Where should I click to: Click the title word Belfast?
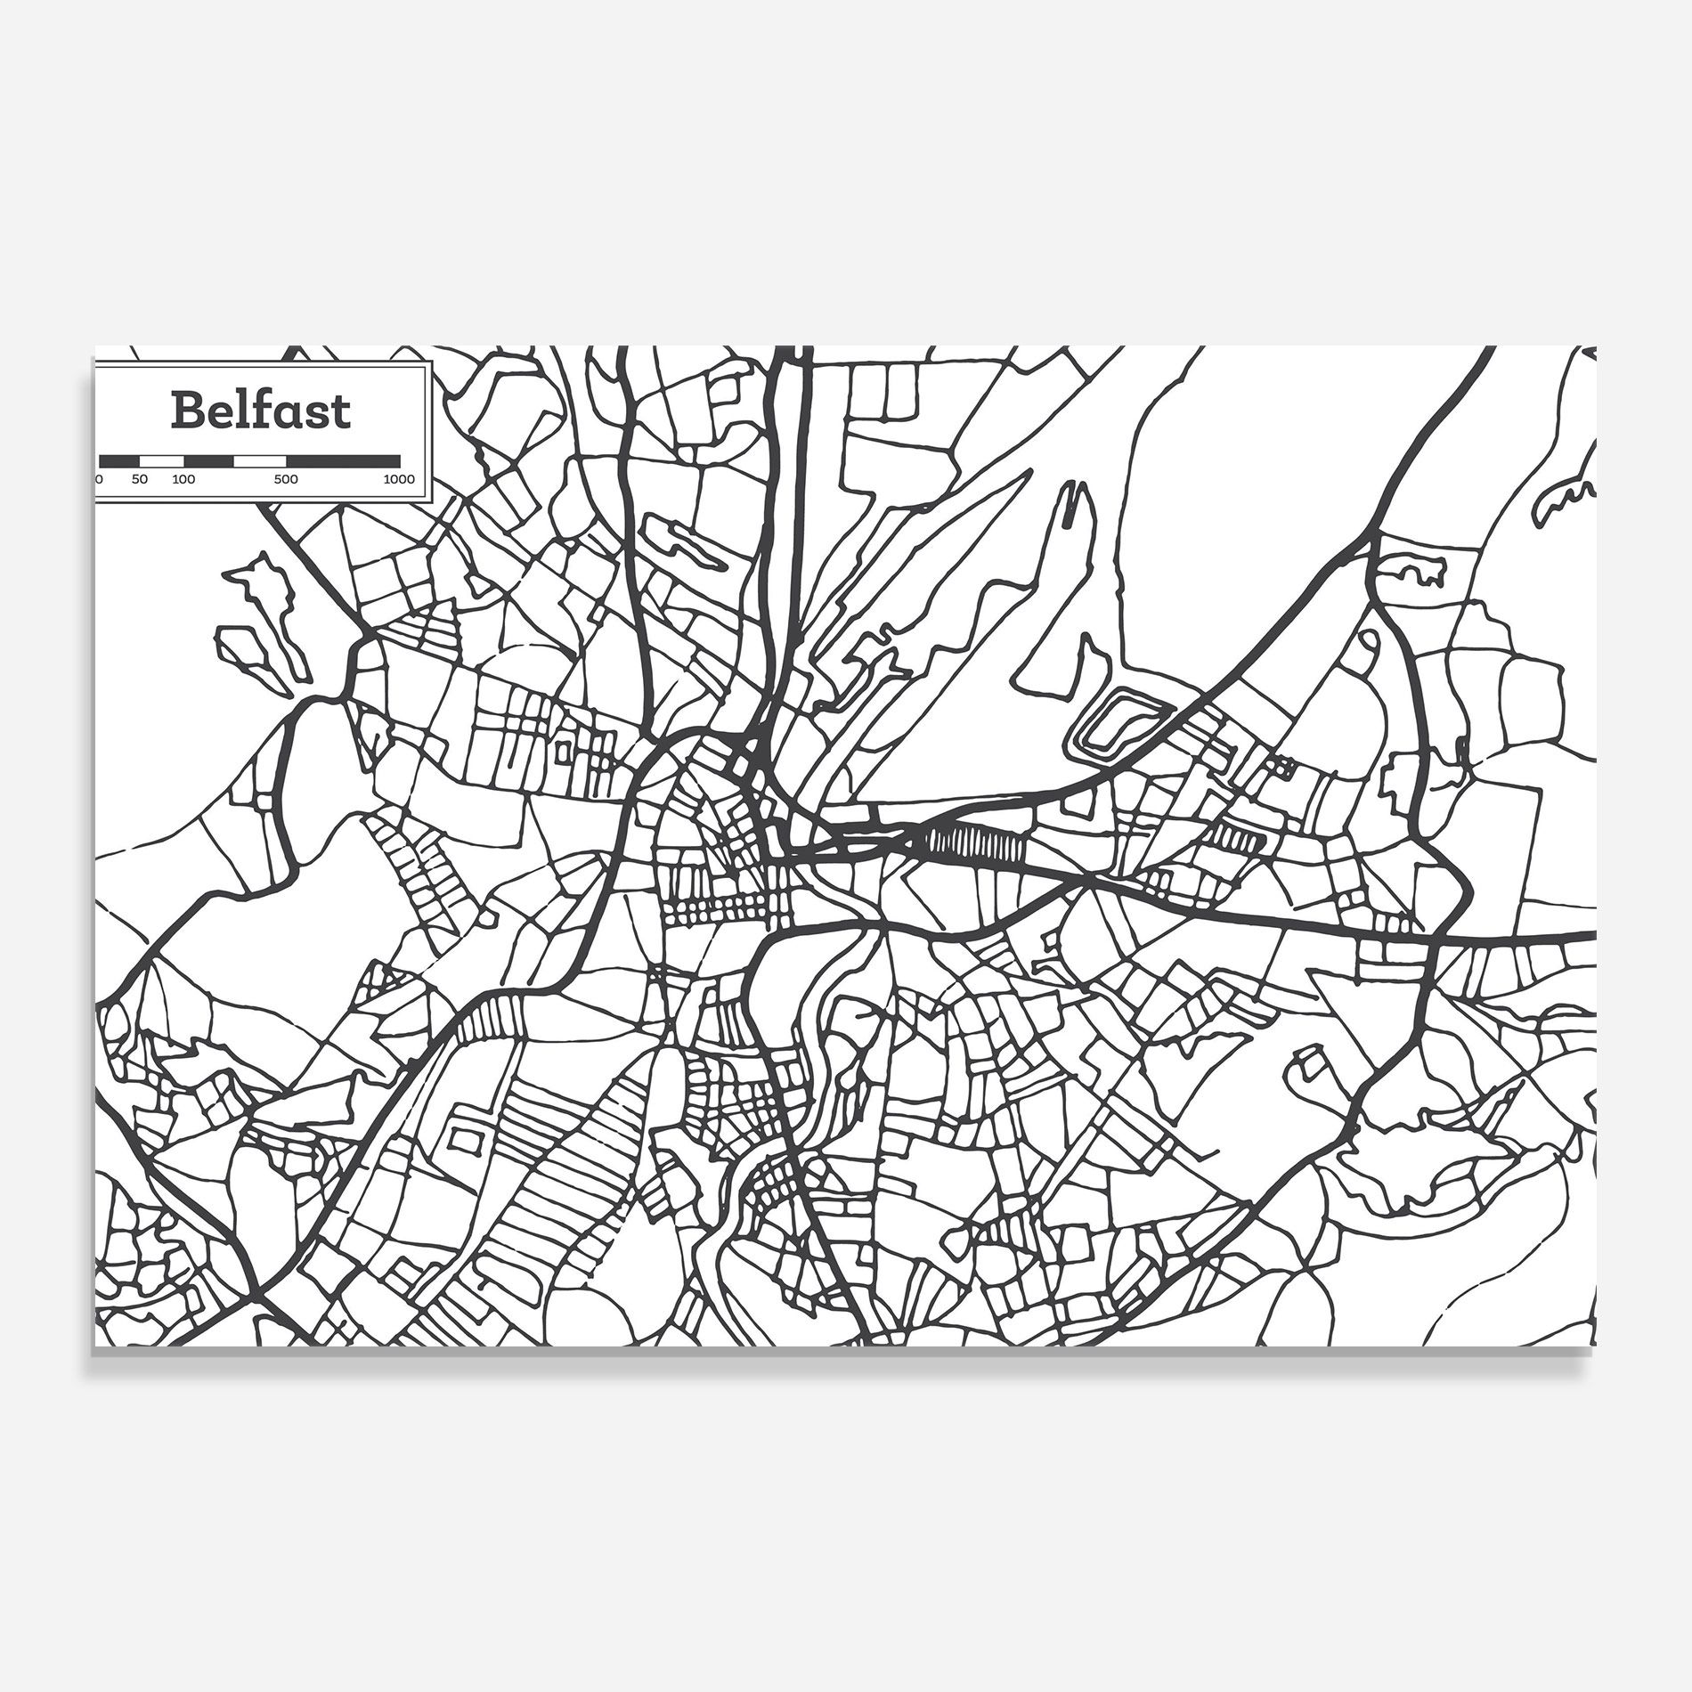click(261, 411)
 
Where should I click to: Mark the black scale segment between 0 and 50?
click(119, 460)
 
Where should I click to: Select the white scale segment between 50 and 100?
click(162, 460)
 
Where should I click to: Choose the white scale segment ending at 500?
click(259, 460)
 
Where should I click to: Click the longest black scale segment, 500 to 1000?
click(343, 460)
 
